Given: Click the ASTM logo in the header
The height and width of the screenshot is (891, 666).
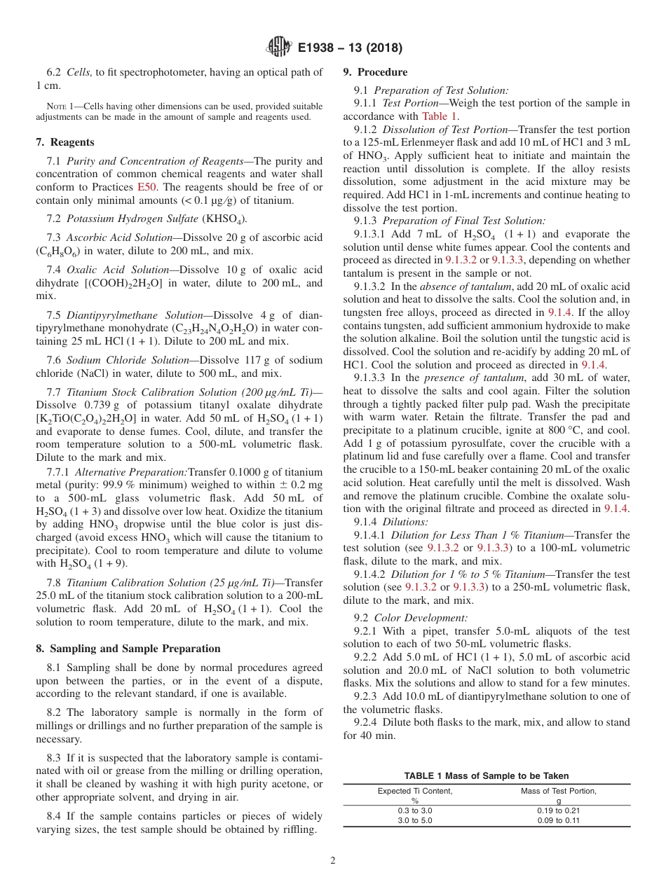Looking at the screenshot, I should click(x=279, y=48).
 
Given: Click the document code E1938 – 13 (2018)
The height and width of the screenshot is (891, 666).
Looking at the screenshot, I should click(x=349, y=48).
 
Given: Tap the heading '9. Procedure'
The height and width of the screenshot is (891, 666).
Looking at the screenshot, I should click(x=375, y=72).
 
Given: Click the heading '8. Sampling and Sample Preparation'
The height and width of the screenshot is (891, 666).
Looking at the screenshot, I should click(x=128, y=649).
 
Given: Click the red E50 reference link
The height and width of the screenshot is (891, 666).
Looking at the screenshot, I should click(x=145, y=187).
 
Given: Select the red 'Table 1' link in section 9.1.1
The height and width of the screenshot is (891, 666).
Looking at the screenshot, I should click(x=439, y=116).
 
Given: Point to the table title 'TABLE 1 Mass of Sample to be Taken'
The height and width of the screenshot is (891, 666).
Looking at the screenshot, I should click(x=487, y=775).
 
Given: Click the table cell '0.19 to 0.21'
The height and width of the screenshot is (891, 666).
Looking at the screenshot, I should click(x=558, y=810).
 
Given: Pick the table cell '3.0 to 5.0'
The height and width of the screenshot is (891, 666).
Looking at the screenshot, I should click(x=415, y=820).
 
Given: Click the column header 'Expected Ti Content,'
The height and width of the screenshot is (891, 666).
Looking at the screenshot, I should click(x=415, y=791).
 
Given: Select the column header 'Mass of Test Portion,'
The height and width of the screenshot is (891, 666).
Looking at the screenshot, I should click(x=558, y=791).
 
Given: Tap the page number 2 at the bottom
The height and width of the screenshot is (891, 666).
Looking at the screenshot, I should click(x=333, y=860).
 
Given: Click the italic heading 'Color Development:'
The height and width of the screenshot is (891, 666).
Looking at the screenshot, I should click(x=421, y=618).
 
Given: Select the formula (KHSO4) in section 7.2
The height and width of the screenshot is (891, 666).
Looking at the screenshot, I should click(x=224, y=219).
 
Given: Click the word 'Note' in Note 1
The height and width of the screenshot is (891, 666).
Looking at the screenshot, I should click(x=51, y=106).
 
